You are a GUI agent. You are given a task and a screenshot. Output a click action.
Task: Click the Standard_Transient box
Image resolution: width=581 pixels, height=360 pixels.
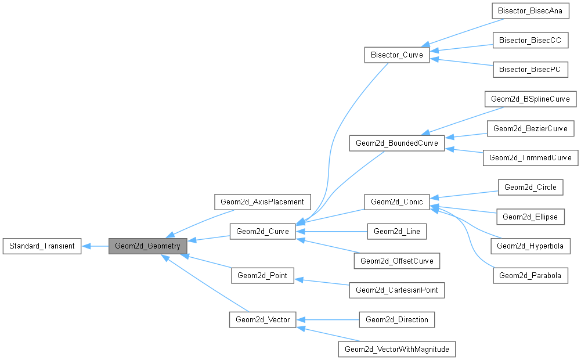tap(41, 246)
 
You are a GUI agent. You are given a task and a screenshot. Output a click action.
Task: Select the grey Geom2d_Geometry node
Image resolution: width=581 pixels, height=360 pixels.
tap(147, 246)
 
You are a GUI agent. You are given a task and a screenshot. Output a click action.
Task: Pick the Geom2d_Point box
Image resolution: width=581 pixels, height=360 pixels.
tap(262, 275)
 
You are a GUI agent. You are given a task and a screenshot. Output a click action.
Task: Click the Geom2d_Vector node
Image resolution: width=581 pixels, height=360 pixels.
tap(262, 319)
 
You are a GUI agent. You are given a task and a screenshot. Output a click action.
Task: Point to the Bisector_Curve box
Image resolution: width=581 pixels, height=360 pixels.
tap(396, 55)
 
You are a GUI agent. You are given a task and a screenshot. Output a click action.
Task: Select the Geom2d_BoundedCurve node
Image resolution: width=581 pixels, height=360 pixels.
tap(396, 143)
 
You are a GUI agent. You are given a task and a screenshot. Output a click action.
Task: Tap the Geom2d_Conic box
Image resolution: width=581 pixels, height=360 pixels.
tap(396, 201)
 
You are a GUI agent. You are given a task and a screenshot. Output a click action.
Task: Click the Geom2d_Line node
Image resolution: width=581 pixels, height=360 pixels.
tap(397, 231)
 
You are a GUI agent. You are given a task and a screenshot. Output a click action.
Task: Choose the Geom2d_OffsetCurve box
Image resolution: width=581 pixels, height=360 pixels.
tap(397, 261)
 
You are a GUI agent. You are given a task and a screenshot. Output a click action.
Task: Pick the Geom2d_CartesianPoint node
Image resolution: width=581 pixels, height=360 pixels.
tap(397, 290)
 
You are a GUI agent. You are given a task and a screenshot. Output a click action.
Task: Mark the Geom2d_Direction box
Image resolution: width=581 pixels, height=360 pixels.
tap(397, 319)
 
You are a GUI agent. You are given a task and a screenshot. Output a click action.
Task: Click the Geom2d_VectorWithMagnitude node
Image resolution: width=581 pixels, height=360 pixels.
tap(397, 348)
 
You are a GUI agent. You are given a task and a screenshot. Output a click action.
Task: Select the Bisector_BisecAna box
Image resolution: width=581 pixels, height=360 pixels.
tap(530, 11)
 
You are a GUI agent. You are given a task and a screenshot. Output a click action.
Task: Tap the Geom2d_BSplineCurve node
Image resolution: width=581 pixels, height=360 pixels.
tap(531, 99)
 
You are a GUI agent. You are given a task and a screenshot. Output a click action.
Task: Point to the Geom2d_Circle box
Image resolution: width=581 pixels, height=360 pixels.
tap(531, 187)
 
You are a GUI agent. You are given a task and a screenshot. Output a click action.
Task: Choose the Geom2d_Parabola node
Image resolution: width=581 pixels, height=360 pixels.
tap(531, 275)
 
